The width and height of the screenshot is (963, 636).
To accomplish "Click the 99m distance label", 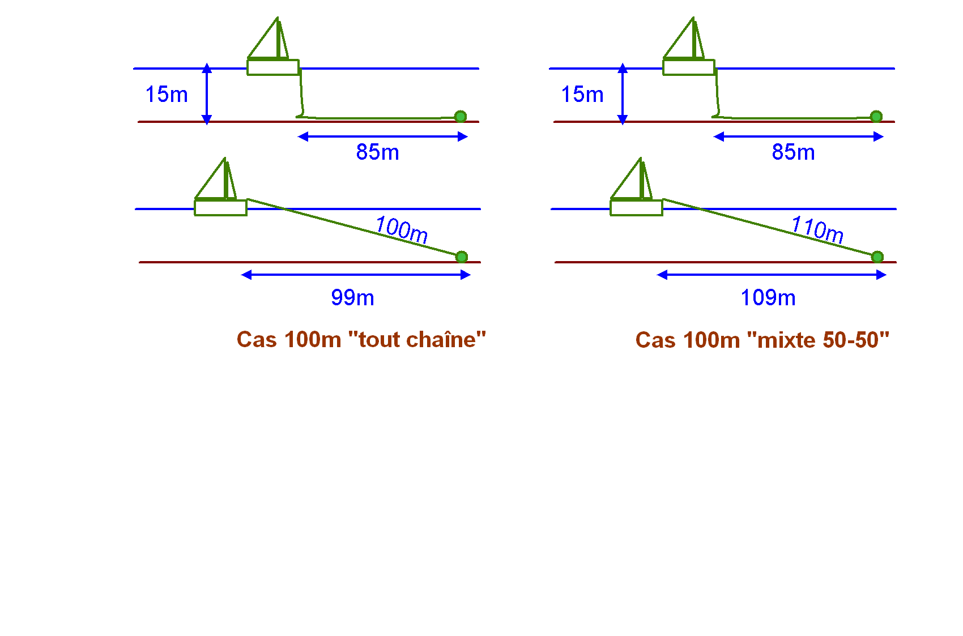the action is click(x=352, y=297).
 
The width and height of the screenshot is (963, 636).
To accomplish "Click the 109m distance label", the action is click(x=768, y=297).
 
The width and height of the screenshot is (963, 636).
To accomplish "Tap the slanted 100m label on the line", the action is click(x=402, y=230).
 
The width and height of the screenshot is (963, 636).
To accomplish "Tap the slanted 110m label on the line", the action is click(x=817, y=230).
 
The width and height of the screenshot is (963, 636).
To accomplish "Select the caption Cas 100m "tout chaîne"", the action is click(x=361, y=339).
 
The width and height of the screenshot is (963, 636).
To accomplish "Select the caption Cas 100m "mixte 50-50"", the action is click(x=762, y=339).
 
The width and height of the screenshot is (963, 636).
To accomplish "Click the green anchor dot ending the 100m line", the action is click(x=462, y=257).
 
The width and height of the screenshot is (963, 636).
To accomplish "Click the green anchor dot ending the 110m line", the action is click(x=877, y=257).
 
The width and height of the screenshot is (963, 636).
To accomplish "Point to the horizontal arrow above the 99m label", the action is click(x=356, y=275).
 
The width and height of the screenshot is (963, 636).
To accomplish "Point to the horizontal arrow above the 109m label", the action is click(x=772, y=275).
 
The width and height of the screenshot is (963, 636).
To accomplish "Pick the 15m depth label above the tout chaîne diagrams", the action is click(x=167, y=94).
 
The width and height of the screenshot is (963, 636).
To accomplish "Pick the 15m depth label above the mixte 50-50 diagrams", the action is click(x=582, y=94).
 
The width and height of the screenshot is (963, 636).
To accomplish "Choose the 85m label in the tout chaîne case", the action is click(x=377, y=152).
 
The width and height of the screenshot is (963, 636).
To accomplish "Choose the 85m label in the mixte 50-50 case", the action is click(x=793, y=152).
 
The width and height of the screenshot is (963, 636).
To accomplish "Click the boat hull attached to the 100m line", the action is click(x=220, y=207).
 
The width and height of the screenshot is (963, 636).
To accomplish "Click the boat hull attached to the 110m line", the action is click(x=636, y=207).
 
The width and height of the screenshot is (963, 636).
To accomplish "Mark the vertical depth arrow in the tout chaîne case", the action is click(x=207, y=94).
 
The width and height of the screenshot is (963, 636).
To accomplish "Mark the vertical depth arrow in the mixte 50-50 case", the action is click(x=623, y=94).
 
